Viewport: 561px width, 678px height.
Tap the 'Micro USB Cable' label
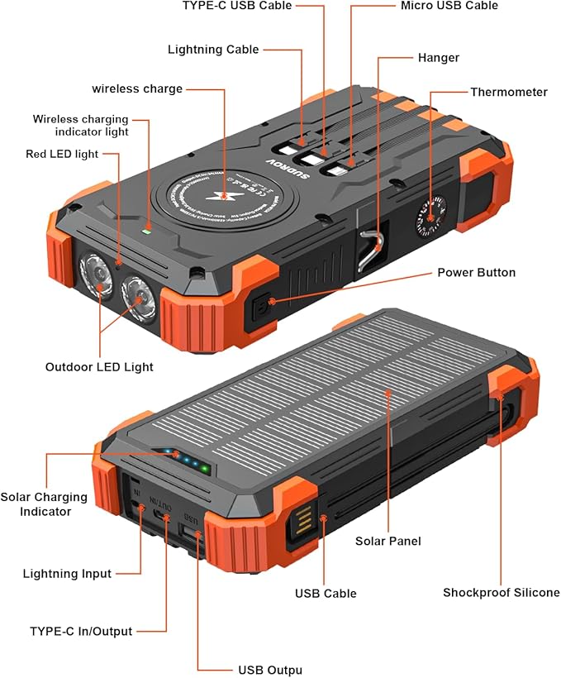point(449,6)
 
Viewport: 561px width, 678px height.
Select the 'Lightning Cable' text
point(213,50)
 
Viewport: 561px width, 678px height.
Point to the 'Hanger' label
point(438,58)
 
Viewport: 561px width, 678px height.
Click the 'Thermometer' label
point(508,92)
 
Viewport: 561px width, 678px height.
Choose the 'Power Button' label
point(476,272)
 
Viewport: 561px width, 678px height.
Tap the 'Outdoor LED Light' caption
point(99,366)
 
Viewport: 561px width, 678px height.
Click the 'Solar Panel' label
point(388,541)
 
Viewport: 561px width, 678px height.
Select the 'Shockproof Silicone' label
point(501,592)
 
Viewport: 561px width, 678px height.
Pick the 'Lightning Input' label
point(67,573)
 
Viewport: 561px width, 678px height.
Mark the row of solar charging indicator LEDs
point(186,460)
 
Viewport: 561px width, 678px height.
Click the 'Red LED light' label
point(62,153)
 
